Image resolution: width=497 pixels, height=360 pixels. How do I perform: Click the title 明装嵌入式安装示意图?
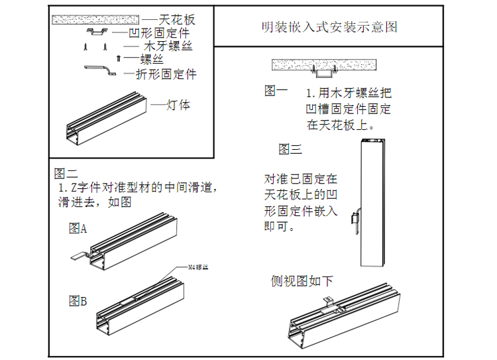tap(329, 27)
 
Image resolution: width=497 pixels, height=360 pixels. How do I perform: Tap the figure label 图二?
tap(66, 174)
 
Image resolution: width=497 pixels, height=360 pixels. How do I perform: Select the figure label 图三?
tap(290, 149)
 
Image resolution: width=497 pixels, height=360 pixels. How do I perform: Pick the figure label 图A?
tap(78, 229)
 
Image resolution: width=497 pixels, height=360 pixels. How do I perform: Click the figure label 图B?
tap(78, 301)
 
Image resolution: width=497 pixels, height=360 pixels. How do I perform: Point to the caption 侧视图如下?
tap(302, 281)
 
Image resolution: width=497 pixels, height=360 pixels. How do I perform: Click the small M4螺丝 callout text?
tap(198, 267)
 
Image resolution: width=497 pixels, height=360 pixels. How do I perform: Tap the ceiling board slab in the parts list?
tap(95, 19)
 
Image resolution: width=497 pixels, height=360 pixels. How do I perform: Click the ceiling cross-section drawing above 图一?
tap(325, 65)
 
